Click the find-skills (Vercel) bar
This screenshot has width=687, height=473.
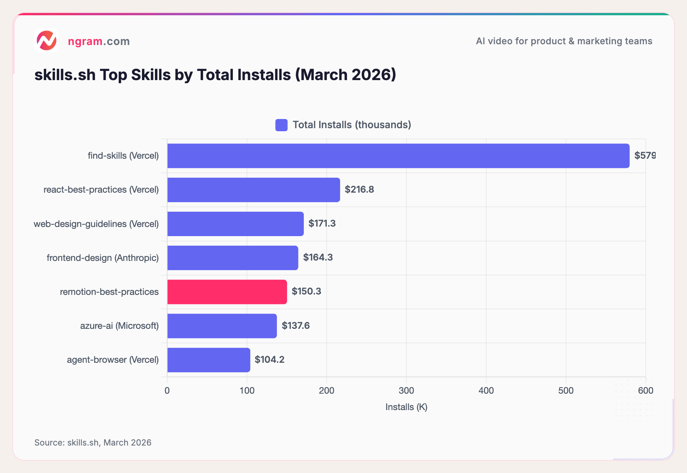point(398,156)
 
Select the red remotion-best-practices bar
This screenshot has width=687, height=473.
point(227,292)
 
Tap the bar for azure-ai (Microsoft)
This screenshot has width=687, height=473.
point(222,326)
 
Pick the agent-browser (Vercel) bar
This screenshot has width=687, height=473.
point(208,360)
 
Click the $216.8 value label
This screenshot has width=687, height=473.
point(359,190)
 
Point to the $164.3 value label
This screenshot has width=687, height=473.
point(318,257)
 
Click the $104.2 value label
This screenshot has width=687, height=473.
point(269,360)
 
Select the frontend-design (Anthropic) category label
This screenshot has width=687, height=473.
point(103,258)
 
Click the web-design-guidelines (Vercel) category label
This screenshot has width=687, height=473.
point(96,224)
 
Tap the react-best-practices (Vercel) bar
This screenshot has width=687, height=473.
point(253,190)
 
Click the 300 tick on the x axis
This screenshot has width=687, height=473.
point(406,391)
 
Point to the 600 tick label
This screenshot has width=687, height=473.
point(645,391)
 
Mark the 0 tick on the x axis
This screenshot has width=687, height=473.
point(167,391)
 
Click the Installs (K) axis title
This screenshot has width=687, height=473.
point(406,407)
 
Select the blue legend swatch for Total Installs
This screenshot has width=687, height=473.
point(281,125)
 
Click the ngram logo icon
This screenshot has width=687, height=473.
point(47,40)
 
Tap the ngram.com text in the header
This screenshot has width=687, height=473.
point(99,41)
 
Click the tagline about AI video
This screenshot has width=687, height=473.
point(564,41)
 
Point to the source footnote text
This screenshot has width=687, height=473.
point(93,442)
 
